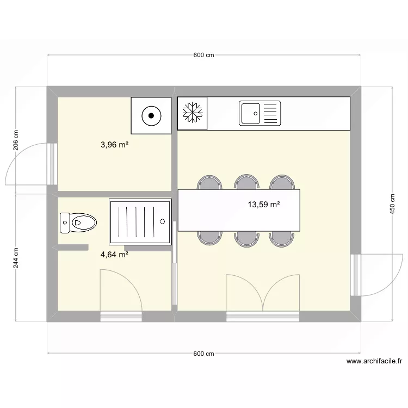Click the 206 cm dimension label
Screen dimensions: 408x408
[x=16, y=140]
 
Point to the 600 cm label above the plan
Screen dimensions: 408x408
[x=203, y=55]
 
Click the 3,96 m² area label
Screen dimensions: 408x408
[x=114, y=145]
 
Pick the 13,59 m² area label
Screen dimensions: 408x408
[x=264, y=205]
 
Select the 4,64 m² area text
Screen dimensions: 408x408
[x=114, y=254]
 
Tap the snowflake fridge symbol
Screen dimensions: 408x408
[x=193, y=113]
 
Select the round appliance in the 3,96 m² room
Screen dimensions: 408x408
[x=151, y=115]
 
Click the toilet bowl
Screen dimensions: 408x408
[x=83, y=222]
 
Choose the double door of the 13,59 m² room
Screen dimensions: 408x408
[x=263, y=294]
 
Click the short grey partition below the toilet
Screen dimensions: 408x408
[x=73, y=248]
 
